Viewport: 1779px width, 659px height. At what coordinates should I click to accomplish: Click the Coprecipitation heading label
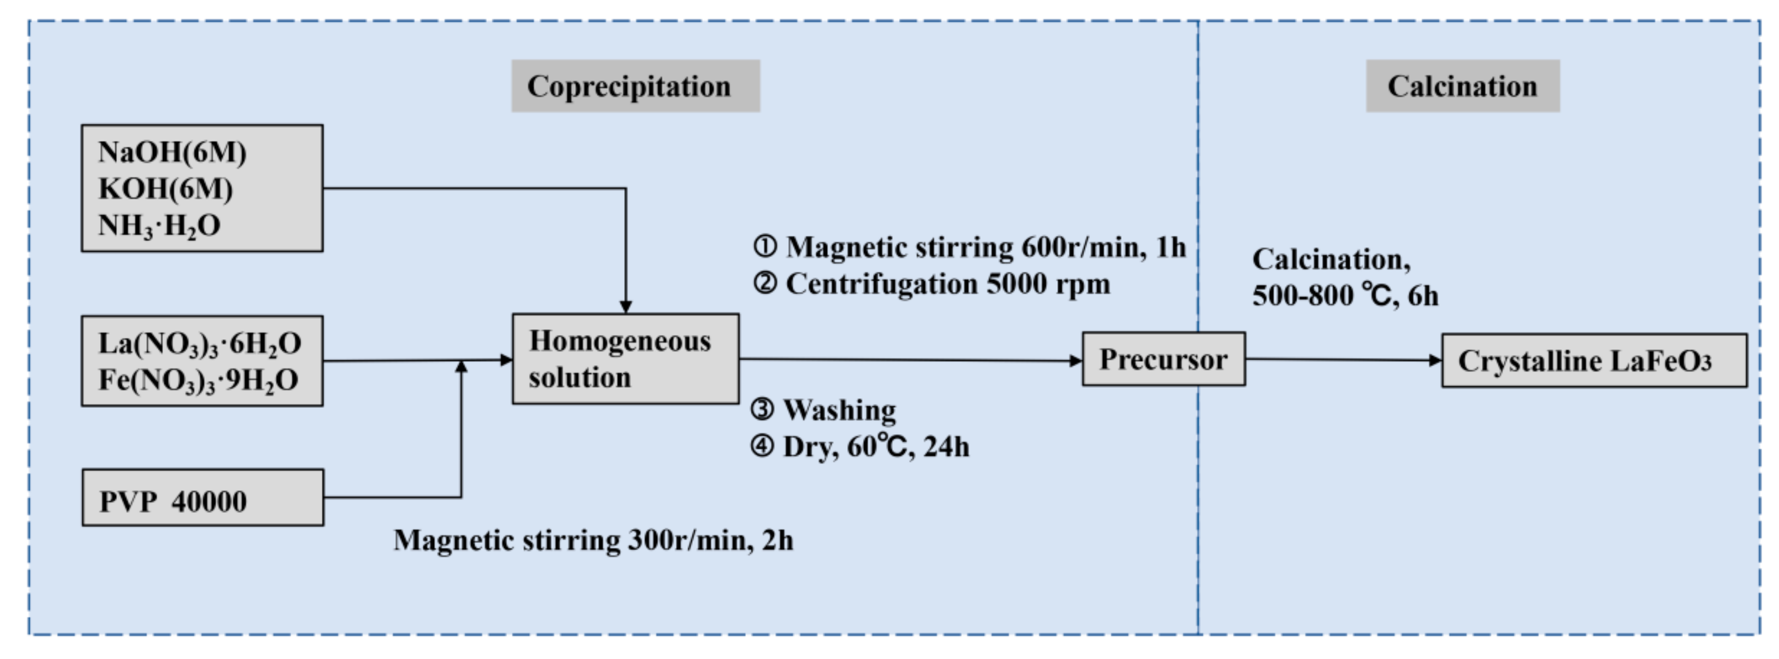click(628, 87)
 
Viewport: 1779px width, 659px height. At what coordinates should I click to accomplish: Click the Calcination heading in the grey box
click(1462, 87)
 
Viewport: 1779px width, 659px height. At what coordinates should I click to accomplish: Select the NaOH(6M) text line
click(172, 152)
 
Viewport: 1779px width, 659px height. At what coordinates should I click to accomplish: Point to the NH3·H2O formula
click(159, 226)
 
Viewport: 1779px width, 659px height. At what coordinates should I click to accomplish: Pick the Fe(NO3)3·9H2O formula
click(198, 380)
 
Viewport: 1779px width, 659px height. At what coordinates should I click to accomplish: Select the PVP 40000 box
click(203, 498)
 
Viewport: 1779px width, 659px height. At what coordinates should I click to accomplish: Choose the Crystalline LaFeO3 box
click(1594, 360)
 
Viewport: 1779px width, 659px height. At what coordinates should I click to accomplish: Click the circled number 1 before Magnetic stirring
click(764, 246)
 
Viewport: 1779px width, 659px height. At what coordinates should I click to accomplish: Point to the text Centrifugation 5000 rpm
click(948, 284)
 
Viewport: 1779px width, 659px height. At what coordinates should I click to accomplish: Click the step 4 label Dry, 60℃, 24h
click(876, 447)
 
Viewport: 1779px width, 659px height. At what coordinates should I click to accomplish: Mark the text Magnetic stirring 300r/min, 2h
click(593, 540)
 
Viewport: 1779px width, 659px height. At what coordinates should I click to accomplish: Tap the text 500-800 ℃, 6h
click(1345, 295)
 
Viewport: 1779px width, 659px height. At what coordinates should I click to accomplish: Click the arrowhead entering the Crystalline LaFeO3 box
click(1435, 360)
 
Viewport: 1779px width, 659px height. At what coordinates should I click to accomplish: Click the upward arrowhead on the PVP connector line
click(461, 367)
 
